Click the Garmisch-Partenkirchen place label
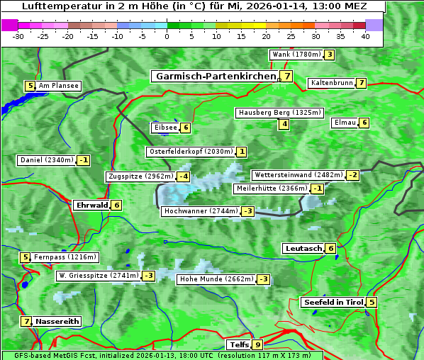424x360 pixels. [215, 77]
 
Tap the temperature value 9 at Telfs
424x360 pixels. [257, 345]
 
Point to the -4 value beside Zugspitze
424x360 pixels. [184, 176]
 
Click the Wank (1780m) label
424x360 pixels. [296, 55]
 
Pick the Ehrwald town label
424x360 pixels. [91, 206]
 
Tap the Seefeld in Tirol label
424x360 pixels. [333, 303]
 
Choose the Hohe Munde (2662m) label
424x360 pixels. [216, 279]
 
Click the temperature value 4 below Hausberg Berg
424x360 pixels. [284, 124]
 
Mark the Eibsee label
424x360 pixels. [164, 128]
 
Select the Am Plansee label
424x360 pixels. [58, 86]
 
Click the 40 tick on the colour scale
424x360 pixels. [365, 37]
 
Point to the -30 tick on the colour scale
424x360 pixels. [18, 37]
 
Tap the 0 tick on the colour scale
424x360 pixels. [167, 37]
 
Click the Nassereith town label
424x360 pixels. [57, 321]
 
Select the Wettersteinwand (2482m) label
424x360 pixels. [298, 175]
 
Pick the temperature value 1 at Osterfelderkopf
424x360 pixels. [242, 152]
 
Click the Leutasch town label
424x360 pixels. [303, 249]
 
